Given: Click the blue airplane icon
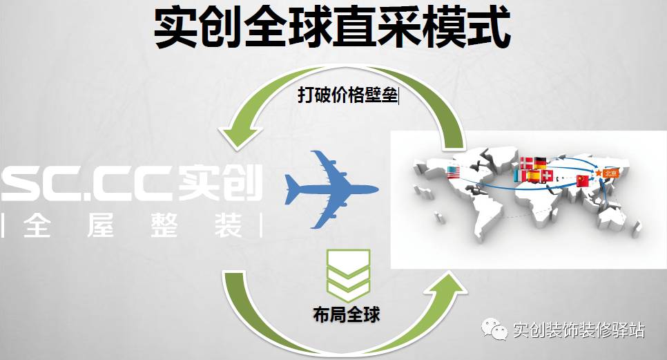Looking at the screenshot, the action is (330, 188).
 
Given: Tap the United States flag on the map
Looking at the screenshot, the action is (453, 172).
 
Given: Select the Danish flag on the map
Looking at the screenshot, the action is (526, 163).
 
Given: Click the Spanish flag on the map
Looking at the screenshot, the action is (534, 176).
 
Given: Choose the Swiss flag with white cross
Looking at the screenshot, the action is (549, 177).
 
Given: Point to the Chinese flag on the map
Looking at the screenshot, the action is (582, 180).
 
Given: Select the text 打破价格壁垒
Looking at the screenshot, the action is (348, 95).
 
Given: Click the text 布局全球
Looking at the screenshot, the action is (346, 316).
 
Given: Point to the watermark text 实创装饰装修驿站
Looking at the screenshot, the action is (579, 330).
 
